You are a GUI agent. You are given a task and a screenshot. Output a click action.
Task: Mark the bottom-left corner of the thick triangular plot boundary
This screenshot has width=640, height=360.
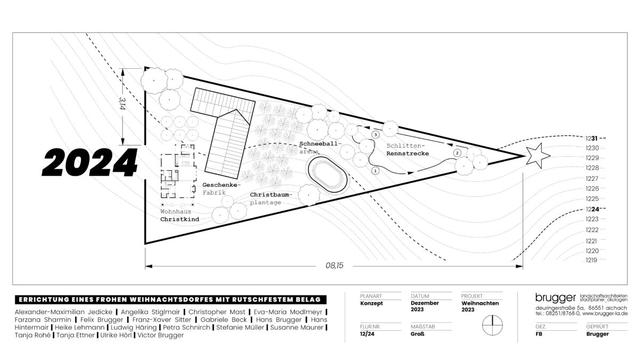(145, 244)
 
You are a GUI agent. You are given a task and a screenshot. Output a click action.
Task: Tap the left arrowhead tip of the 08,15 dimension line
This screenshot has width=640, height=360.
(146, 266)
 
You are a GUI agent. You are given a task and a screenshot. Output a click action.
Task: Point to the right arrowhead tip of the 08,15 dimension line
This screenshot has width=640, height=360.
(523, 266)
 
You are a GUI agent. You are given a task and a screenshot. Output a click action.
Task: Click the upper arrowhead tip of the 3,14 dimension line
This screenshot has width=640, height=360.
(123, 69)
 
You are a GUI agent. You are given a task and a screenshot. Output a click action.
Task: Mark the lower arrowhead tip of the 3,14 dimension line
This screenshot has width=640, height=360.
(123, 145)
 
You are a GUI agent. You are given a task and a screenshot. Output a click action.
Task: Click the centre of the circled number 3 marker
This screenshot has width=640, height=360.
(375, 134)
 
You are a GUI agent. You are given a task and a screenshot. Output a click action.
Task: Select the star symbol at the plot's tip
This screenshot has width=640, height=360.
(538, 156)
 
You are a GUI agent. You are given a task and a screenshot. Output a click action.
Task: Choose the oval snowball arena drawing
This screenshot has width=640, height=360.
(327, 174)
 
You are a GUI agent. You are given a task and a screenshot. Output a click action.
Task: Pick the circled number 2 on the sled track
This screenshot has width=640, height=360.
(457, 153)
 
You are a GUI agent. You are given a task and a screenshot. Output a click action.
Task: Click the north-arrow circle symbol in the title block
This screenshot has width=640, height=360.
(492, 325)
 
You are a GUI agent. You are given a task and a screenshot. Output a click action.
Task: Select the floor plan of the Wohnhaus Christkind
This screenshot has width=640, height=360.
(178, 171)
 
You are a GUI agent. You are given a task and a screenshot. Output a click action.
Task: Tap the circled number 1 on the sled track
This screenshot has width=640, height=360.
(375, 171)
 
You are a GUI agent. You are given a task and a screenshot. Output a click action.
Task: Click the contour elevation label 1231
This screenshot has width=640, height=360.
(591, 139)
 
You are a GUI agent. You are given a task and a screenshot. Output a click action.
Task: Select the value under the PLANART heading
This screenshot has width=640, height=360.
(371, 303)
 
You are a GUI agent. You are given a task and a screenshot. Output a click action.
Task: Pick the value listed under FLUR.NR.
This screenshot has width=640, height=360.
(367, 334)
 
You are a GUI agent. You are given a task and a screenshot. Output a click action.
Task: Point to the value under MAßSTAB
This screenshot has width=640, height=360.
(418, 334)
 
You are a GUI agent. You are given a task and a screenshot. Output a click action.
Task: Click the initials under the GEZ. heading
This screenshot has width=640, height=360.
(539, 334)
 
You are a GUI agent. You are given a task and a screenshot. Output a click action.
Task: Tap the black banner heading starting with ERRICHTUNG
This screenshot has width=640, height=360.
(171, 300)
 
